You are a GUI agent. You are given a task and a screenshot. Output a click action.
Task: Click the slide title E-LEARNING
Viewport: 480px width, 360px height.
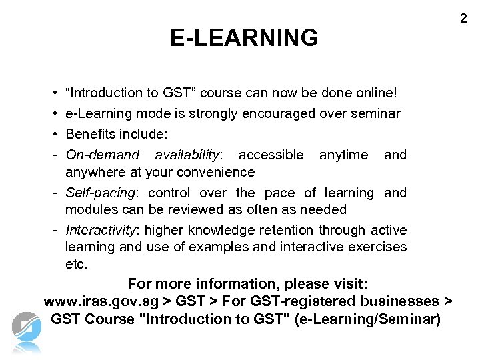click(244, 38)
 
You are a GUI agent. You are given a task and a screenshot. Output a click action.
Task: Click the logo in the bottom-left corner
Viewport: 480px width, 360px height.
click(27, 331)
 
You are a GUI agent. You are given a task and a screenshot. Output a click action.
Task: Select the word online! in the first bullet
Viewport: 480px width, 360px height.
click(376, 93)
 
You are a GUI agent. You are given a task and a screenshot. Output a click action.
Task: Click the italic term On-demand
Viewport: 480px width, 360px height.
click(103, 155)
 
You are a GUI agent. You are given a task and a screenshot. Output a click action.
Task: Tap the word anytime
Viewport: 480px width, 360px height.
click(343, 155)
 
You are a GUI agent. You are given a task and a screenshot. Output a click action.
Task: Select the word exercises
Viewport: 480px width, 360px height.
click(375, 247)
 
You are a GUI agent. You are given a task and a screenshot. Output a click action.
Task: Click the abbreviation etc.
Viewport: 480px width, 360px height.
click(76, 265)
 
